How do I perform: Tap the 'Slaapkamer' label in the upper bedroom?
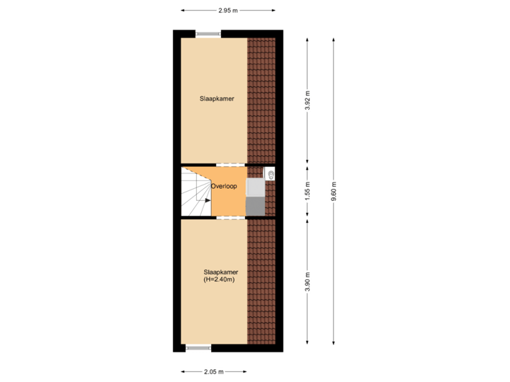point(217,99)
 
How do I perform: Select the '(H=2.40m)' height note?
point(219,279)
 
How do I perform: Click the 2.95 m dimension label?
point(228,11)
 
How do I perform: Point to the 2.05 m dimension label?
point(213,371)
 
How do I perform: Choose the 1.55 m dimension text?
point(307,192)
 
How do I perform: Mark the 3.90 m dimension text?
point(307,282)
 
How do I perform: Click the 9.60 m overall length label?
point(334,191)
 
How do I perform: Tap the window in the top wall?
point(208,33)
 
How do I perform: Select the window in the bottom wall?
point(198,348)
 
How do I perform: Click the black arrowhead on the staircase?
point(208,200)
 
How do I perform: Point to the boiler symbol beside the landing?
point(270,173)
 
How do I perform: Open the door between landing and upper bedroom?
point(226,165)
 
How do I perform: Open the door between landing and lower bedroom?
point(226,218)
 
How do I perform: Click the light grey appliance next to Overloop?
point(255,187)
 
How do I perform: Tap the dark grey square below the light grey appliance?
point(255,206)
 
